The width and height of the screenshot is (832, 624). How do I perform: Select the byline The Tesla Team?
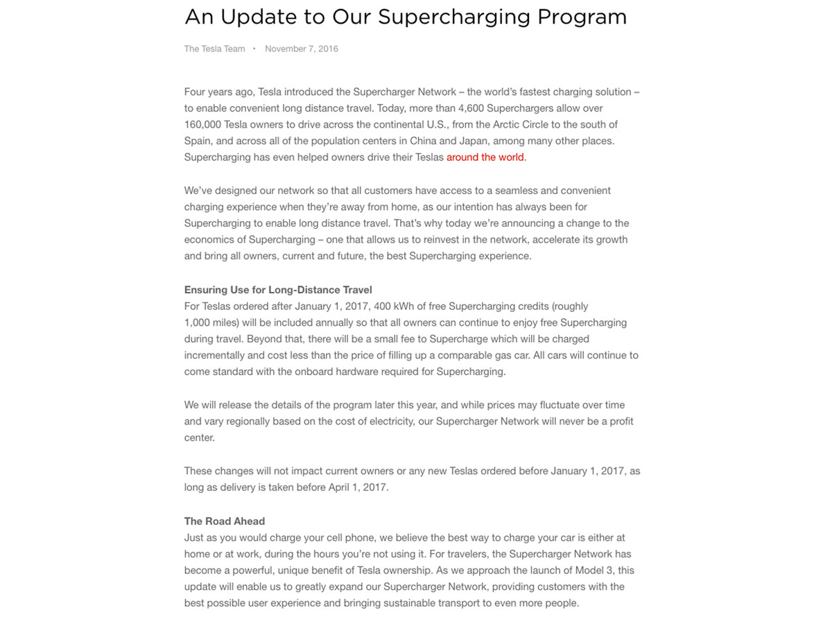click(214, 49)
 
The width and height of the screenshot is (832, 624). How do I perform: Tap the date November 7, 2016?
click(302, 49)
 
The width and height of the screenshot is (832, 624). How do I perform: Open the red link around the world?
click(485, 157)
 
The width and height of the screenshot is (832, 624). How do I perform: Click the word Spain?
click(198, 141)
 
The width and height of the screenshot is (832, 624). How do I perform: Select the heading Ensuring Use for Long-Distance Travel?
click(278, 290)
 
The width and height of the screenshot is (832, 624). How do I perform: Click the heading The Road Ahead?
click(225, 521)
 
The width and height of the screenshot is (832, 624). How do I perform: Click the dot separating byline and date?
click(254, 49)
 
